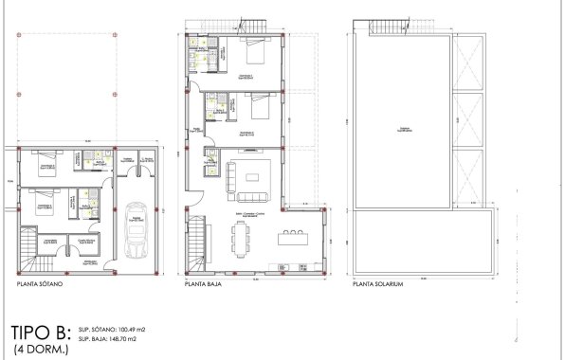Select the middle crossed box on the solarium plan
click(x=465, y=117)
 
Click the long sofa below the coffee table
click(x=254, y=197)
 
